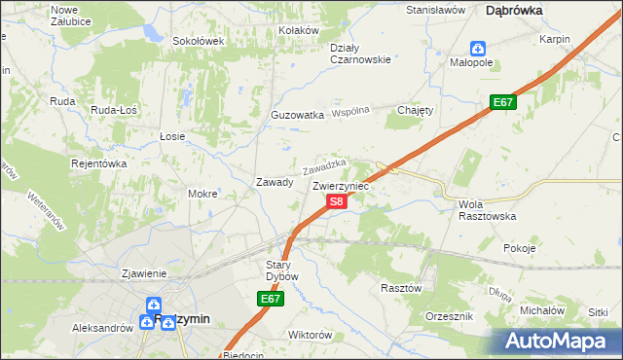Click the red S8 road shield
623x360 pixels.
coord(336,201)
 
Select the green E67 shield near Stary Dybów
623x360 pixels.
coord(272,300)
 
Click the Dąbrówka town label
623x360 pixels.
coord(513,9)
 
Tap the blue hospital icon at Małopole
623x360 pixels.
coord(478,48)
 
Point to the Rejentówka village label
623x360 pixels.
coord(99,163)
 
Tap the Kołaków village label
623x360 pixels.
coord(299,30)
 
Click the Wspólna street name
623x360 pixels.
coord(351,111)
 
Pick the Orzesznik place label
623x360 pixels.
coord(450,317)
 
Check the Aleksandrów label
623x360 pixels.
coord(102,329)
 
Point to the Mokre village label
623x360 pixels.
coord(202,194)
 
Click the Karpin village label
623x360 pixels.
coord(554,39)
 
